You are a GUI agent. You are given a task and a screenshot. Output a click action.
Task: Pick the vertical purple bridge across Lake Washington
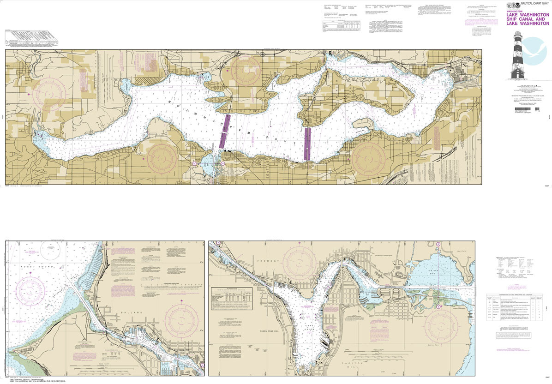click(307, 144)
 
